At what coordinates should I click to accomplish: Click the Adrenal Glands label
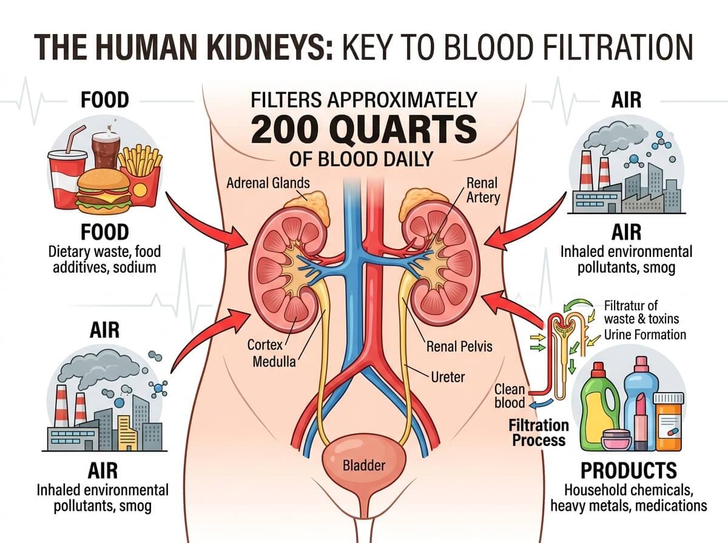click(268, 183)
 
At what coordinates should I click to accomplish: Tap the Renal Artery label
click(483, 190)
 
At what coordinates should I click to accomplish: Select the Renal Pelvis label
click(459, 347)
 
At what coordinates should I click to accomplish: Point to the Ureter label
click(448, 377)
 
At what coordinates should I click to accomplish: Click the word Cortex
click(265, 345)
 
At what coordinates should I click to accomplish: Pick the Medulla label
click(274, 361)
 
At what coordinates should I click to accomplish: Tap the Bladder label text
click(364, 465)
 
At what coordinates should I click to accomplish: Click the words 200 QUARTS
click(364, 129)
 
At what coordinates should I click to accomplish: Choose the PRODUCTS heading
click(629, 470)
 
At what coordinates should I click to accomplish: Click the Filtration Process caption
click(539, 433)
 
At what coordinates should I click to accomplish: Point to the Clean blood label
click(510, 396)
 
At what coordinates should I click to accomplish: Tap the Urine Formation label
click(645, 335)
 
